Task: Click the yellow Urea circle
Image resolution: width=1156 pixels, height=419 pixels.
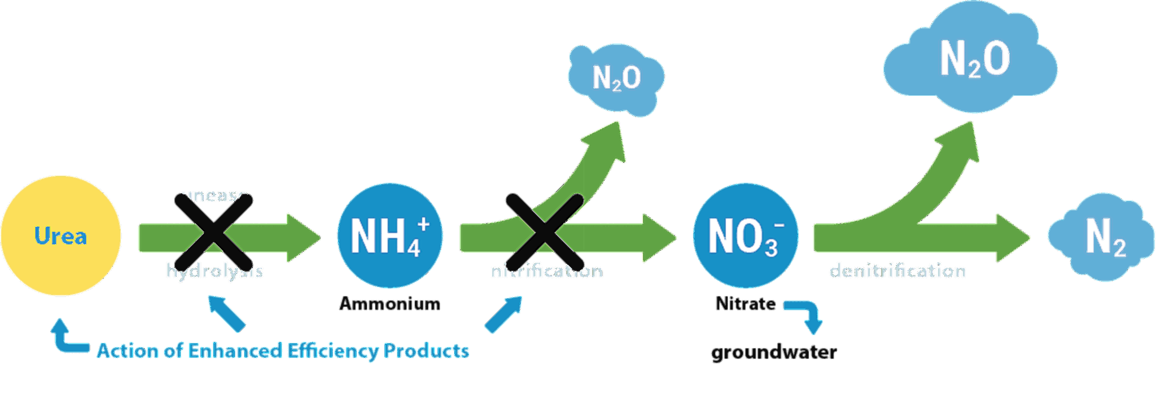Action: tap(60, 236)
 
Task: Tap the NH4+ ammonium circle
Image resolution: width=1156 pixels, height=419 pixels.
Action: tap(390, 235)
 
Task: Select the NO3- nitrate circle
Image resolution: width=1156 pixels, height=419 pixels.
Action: tap(746, 235)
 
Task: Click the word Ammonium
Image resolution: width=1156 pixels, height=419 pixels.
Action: tap(389, 304)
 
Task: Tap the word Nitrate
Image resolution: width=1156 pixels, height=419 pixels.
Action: tap(745, 304)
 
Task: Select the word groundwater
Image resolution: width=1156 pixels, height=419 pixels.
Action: tap(774, 352)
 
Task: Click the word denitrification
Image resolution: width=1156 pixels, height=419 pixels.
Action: tap(897, 271)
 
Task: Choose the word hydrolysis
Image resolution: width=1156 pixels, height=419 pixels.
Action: tap(214, 272)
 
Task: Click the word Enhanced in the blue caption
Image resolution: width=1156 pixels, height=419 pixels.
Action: tap(235, 351)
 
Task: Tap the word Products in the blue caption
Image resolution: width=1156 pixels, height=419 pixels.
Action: tap(427, 351)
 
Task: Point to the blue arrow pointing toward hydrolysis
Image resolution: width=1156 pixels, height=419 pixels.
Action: tap(226, 313)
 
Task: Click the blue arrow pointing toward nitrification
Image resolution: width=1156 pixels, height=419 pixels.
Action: tap(504, 315)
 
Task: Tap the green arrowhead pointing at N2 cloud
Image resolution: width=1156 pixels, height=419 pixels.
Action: tap(1013, 238)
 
